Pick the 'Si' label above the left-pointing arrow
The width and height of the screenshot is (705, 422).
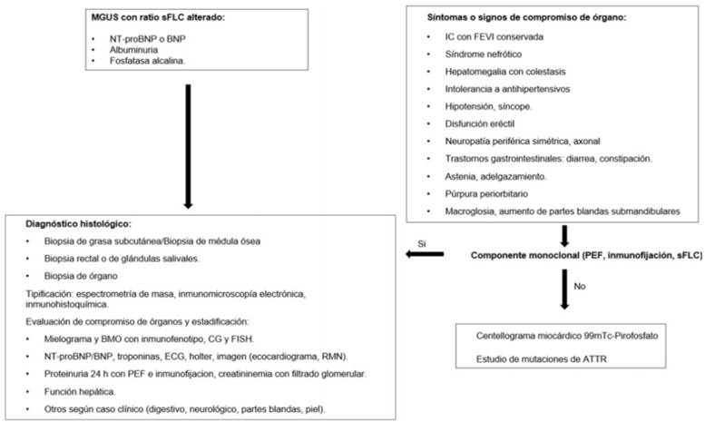click(422, 242)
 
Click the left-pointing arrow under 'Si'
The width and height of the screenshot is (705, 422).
click(421, 255)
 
